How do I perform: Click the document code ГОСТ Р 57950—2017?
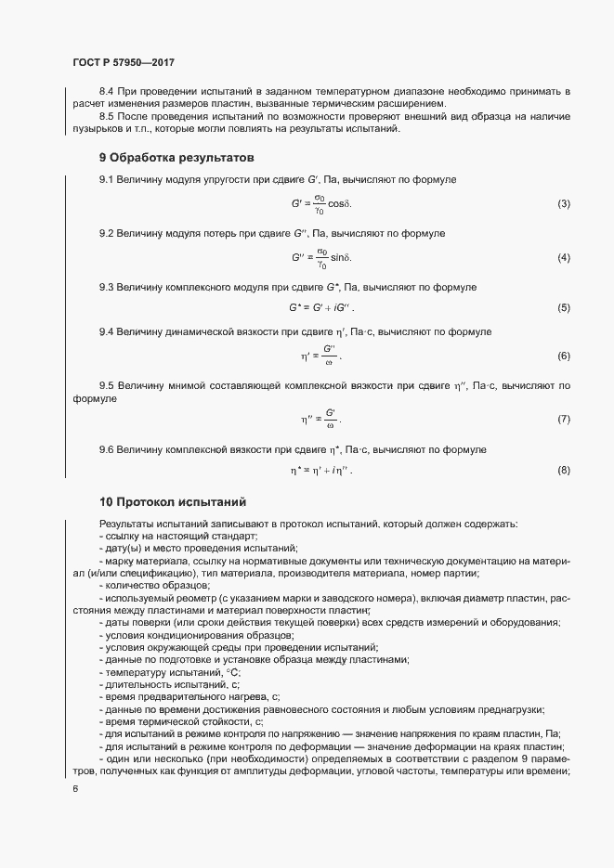pyautogui.click(x=123, y=62)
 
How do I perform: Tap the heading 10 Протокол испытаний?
pyautogui.click(x=172, y=502)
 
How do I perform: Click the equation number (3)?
pyautogui.click(x=563, y=203)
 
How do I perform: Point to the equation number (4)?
pyautogui.click(x=563, y=257)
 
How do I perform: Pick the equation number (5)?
pyautogui.click(x=563, y=307)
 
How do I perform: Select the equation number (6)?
pyautogui.click(x=563, y=356)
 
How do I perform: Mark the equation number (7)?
pyautogui.click(x=563, y=420)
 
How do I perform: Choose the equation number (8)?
pyautogui.click(x=563, y=471)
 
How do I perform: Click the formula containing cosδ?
pyautogui.click(x=322, y=203)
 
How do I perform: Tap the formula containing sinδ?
pyautogui.click(x=321, y=257)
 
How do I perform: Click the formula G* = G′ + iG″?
pyautogui.click(x=321, y=307)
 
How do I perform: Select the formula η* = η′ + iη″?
pyautogui.click(x=321, y=471)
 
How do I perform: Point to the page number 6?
pyautogui.click(x=75, y=789)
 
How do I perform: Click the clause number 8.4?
pyautogui.click(x=107, y=91)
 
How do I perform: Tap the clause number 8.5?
pyautogui.click(x=107, y=116)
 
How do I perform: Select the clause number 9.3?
pyautogui.click(x=107, y=287)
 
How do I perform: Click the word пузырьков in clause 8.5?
pyautogui.click(x=97, y=128)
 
